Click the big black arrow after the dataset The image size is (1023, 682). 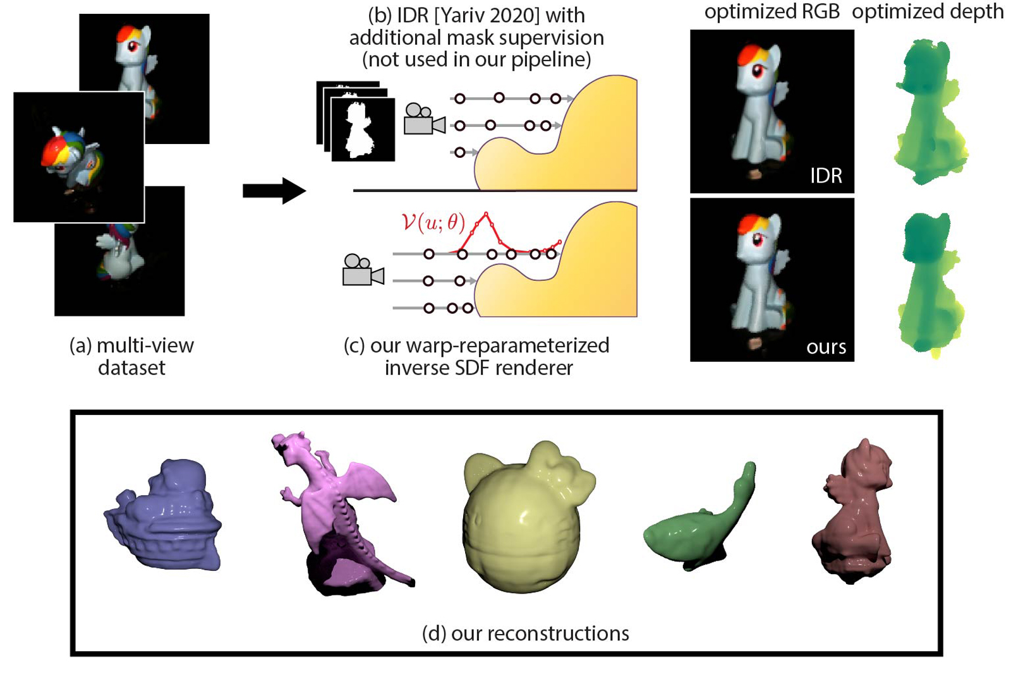tap(274, 190)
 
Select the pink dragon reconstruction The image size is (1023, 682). tap(341, 512)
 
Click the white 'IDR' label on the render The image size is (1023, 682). tap(826, 176)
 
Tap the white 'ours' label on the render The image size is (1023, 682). tap(826, 347)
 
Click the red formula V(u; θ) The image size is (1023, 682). tap(433, 222)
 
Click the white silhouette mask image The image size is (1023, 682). tap(362, 129)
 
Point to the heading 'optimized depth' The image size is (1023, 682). tap(927, 11)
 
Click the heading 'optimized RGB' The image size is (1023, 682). tap(772, 11)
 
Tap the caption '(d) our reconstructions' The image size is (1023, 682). tap(525, 633)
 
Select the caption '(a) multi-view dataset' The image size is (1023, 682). tap(131, 356)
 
